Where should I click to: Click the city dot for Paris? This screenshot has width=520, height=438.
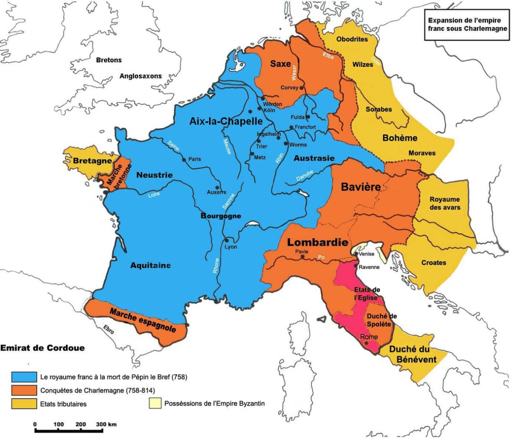point(184,159)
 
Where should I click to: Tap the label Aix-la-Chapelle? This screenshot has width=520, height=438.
point(226,121)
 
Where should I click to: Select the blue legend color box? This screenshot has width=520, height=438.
point(24,377)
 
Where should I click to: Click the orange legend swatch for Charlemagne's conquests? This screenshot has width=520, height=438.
point(24,390)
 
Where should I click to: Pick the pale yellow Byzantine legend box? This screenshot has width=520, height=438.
point(154,403)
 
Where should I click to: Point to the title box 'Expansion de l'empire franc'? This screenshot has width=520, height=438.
point(466,25)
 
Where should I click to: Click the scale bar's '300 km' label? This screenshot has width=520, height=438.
point(106,424)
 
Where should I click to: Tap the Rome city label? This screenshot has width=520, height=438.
point(369,337)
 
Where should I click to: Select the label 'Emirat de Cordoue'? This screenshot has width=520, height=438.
point(42,348)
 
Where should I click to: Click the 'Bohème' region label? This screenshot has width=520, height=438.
point(400,138)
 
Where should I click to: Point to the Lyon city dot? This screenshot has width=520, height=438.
point(226,240)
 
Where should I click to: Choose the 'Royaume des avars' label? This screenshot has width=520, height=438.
point(445,203)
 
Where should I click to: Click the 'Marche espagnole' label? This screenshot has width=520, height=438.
point(143,320)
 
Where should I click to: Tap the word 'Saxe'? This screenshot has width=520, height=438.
point(280,64)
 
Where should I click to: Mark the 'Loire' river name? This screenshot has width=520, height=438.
point(154,194)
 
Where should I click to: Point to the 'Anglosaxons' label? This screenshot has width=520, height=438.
point(140,76)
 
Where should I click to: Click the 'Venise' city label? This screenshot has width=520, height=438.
point(367,254)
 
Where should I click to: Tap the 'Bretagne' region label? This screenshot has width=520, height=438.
point(92,161)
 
